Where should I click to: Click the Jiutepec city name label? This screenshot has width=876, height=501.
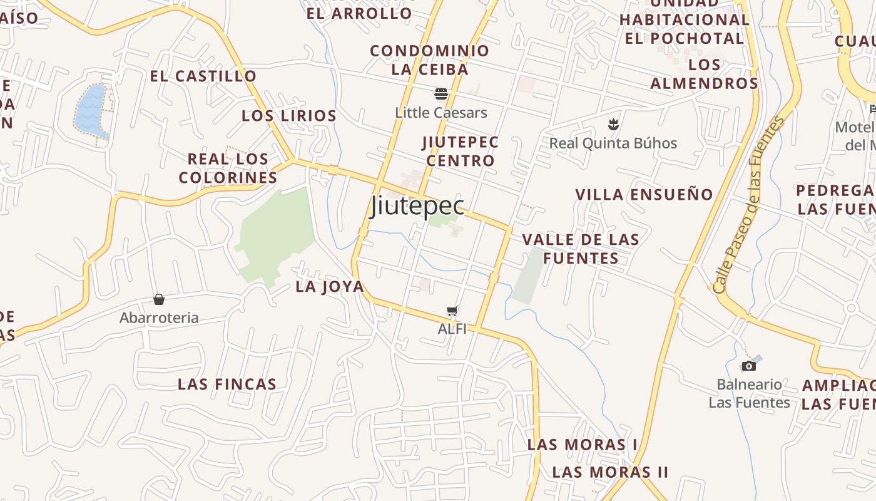[x=417, y=206]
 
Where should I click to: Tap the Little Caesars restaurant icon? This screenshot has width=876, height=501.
[x=441, y=95]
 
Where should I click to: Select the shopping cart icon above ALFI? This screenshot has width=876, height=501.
[x=452, y=311]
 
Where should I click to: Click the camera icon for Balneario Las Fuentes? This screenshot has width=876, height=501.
[x=748, y=366]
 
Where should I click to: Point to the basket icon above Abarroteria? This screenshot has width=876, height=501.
[x=159, y=299]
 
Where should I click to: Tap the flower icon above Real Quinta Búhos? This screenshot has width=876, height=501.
[x=613, y=124]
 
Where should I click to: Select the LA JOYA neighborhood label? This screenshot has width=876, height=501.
[x=329, y=287]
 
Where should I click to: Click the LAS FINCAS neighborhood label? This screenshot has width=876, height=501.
[x=227, y=384]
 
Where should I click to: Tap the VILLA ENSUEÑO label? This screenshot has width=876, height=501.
[x=644, y=195]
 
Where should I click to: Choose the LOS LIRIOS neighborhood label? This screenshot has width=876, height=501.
[x=289, y=116]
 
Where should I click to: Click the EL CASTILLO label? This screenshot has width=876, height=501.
[x=203, y=76]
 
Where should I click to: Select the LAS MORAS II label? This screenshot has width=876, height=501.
[x=610, y=472]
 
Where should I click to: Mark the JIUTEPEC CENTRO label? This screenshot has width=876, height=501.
[x=461, y=151]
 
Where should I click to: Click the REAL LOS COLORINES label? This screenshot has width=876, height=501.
[x=228, y=168]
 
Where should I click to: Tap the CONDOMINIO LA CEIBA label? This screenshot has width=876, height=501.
[x=430, y=59]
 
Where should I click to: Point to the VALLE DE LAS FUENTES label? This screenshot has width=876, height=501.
[x=581, y=249]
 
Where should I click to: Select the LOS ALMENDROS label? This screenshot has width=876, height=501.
[x=705, y=74]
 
